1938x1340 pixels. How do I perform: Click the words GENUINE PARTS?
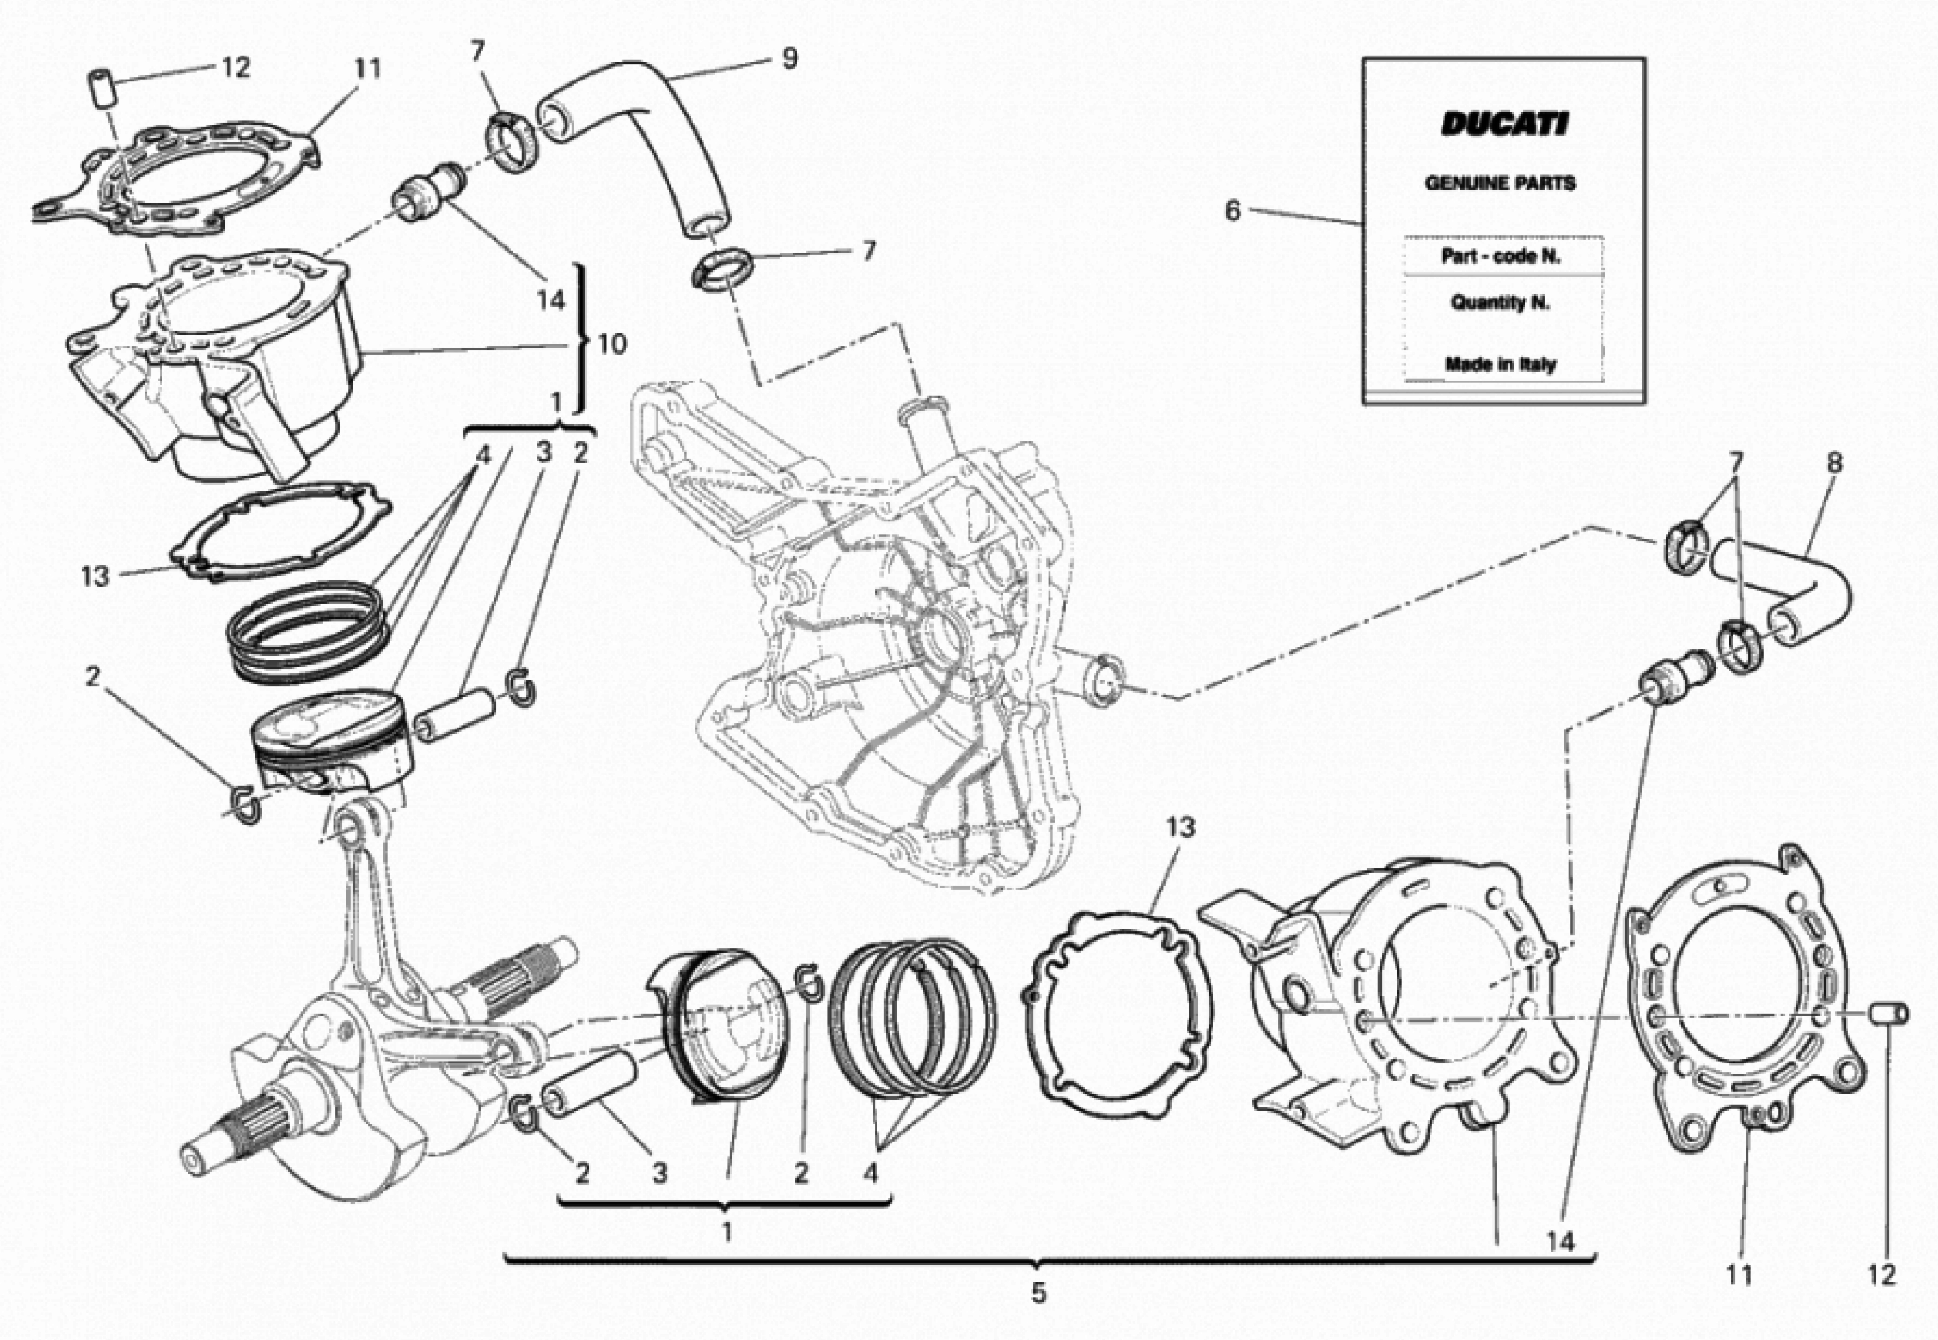[x=1500, y=183]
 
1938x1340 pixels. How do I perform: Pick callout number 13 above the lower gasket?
[x=1179, y=828]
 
